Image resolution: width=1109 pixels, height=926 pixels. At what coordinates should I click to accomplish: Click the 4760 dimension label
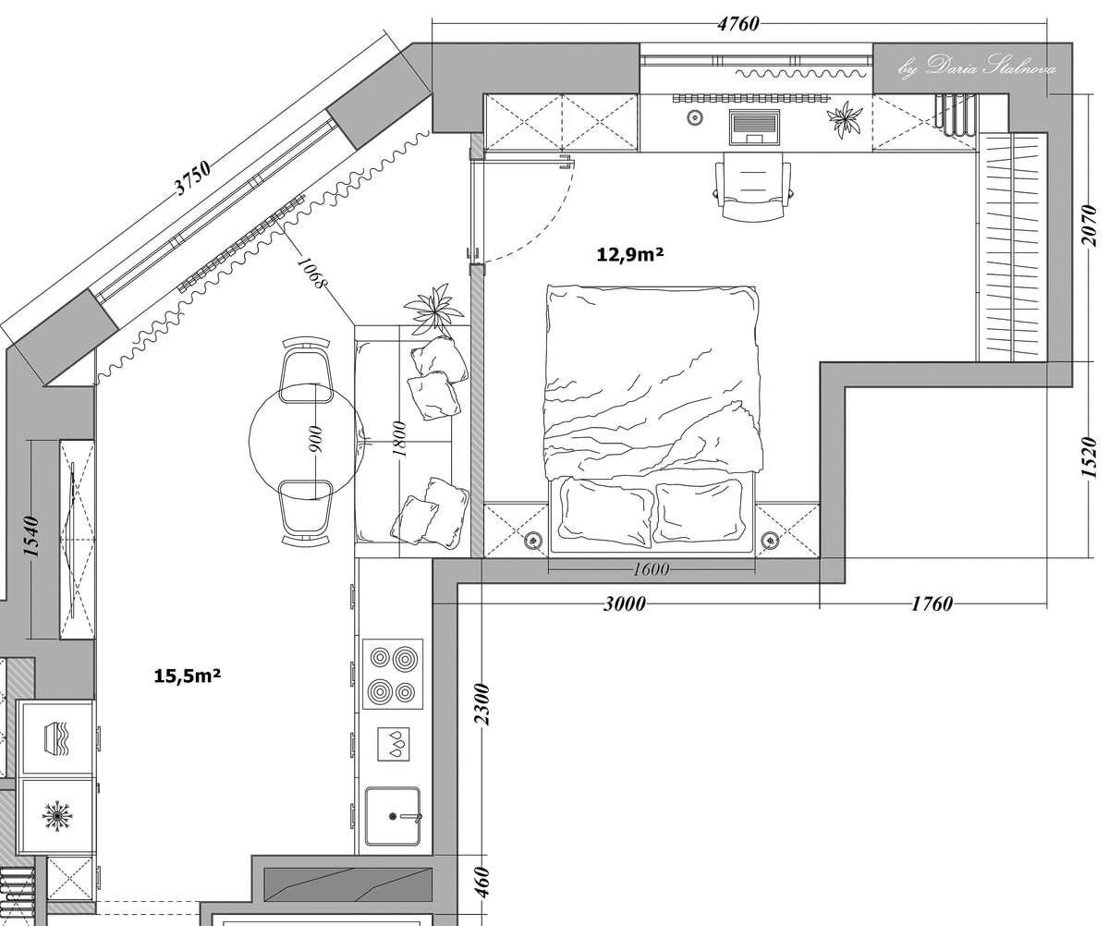click(738, 24)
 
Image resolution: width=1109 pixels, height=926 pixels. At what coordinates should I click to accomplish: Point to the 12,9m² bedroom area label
click(630, 254)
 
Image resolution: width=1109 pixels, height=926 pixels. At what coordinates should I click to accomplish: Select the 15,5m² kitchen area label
click(187, 676)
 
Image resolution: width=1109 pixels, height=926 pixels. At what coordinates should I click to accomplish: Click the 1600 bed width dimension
click(652, 570)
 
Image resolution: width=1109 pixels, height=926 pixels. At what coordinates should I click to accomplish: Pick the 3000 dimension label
click(625, 604)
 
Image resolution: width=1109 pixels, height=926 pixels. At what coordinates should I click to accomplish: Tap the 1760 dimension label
click(932, 604)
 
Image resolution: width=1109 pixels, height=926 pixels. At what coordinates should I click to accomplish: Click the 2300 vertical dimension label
click(482, 704)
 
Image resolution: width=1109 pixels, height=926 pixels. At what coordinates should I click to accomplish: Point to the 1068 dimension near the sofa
click(311, 274)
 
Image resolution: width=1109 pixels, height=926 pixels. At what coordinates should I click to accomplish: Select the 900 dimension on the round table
click(315, 439)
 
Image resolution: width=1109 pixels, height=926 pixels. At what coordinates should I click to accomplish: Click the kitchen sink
click(393, 816)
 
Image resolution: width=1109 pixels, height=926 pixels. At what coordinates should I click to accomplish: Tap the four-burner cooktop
click(393, 675)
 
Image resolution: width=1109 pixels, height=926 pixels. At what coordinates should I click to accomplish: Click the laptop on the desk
click(755, 127)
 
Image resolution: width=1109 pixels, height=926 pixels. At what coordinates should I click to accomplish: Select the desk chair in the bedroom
click(753, 186)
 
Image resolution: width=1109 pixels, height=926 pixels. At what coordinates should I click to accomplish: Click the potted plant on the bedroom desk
click(845, 119)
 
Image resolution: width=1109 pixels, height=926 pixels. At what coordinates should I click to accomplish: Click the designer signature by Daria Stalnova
click(976, 67)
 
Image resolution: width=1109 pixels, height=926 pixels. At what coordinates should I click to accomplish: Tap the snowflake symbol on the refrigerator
click(58, 817)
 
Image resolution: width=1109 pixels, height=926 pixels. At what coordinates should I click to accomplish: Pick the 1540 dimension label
click(31, 536)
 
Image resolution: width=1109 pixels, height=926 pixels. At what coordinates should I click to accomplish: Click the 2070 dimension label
click(1089, 225)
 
